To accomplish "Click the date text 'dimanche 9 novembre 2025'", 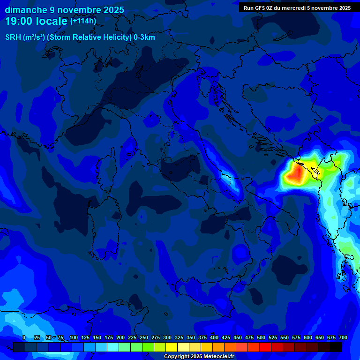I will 64,10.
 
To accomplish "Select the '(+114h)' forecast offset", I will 83,21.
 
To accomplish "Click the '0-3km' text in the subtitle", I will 144,37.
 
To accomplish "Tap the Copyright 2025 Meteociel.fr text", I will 199,357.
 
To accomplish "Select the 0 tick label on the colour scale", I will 24,337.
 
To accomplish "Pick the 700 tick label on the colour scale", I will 343,337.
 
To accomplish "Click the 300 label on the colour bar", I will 167,337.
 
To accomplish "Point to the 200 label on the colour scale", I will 120,337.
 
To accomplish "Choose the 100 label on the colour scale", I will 74,337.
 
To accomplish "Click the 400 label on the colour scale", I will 214,337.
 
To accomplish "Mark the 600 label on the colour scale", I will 308,337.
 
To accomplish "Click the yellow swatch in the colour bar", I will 172,347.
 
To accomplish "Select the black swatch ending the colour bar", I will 336,347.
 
